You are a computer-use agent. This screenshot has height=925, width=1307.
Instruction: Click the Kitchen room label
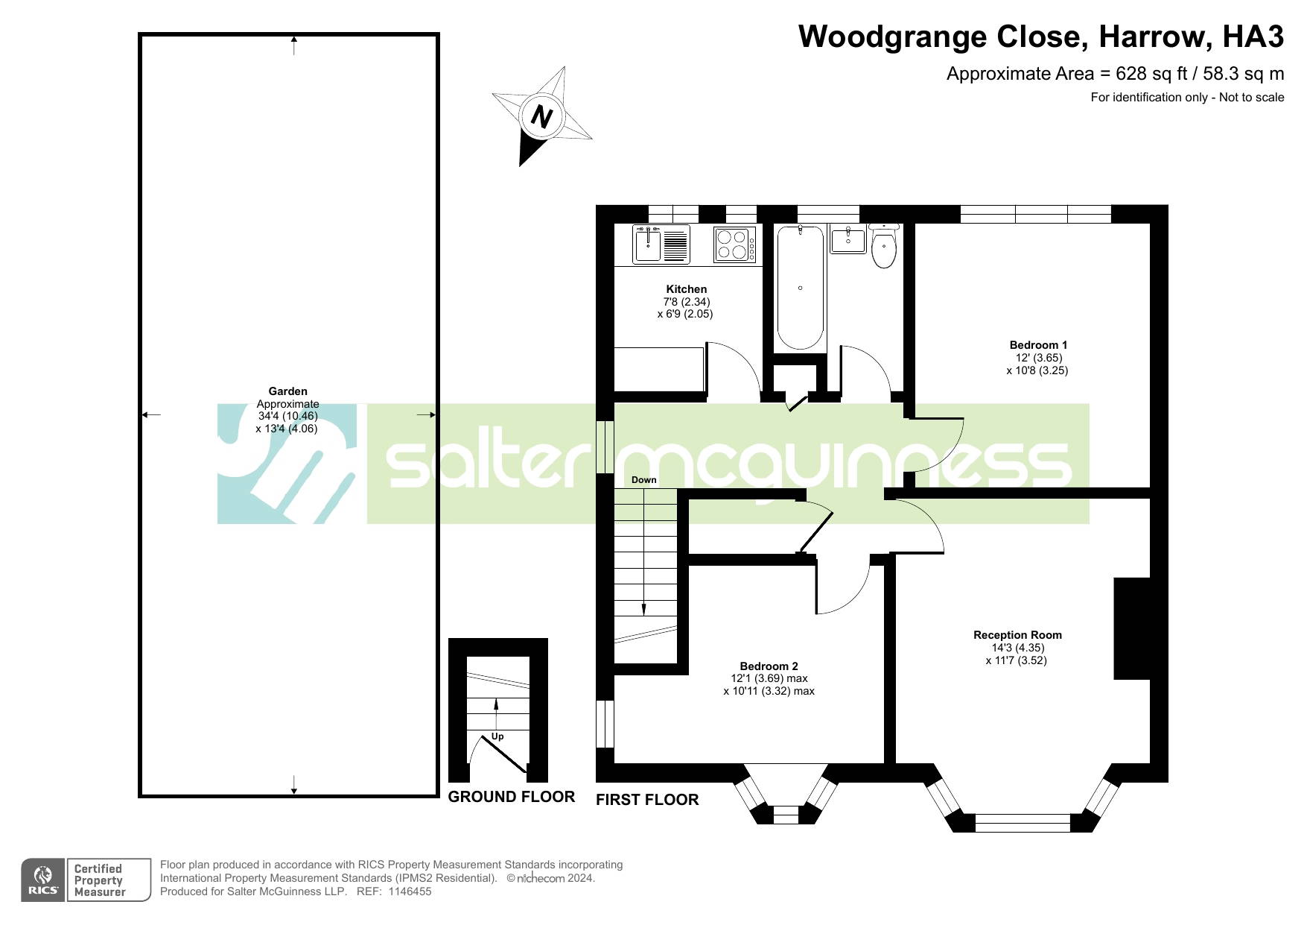click(x=686, y=289)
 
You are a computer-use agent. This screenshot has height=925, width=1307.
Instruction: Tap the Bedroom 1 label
click(x=1038, y=345)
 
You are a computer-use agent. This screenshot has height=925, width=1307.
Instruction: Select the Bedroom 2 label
click(x=769, y=666)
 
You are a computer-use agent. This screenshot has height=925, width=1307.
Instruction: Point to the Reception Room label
click(x=1017, y=635)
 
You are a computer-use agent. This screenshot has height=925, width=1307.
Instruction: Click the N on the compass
click(x=541, y=117)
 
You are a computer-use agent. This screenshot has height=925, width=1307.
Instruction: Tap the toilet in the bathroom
click(x=883, y=245)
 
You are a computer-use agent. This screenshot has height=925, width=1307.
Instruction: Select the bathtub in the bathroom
click(x=801, y=288)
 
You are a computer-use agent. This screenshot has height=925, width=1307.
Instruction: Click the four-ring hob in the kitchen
click(x=734, y=244)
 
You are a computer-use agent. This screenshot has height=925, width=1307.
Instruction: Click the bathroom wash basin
click(x=848, y=240)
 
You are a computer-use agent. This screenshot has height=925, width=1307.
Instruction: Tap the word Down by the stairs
click(x=644, y=480)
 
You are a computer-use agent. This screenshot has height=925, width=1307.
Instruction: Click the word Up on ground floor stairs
click(x=497, y=736)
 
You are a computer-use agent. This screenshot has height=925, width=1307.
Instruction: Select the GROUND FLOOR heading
click(x=512, y=797)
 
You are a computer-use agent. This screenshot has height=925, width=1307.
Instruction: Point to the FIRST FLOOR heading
click(x=647, y=800)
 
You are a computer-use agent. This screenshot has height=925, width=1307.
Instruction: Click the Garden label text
click(x=287, y=391)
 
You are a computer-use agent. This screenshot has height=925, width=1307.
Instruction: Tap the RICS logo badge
click(x=43, y=880)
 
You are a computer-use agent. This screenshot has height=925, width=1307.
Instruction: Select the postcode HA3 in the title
click(x=1253, y=37)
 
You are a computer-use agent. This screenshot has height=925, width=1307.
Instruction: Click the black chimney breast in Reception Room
click(x=1132, y=628)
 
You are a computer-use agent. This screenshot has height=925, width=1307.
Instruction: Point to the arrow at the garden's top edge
click(x=295, y=45)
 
